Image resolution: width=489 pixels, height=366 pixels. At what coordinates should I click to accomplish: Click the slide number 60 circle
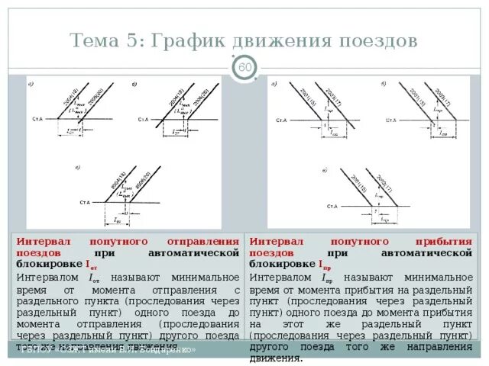(244, 69)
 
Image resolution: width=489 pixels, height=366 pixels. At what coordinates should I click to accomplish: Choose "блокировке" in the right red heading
(283, 264)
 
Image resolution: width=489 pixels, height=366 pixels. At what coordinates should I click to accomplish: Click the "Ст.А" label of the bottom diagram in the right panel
(332, 207)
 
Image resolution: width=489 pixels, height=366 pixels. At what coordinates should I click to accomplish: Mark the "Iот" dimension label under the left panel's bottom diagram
(118, 220)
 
